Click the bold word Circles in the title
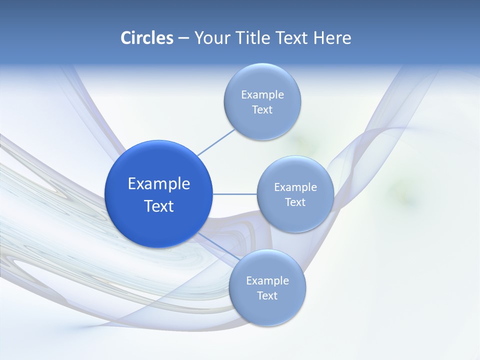(147, 38)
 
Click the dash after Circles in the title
(183, 38)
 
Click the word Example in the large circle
(159, 184)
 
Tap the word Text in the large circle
(159, 206)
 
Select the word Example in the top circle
(262, 95)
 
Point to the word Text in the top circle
(262, 110)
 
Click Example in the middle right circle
(295, 187)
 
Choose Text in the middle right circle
(295, 202)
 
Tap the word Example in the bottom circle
(267, 281)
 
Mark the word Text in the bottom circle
(267, 296)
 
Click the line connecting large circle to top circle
(216, 142)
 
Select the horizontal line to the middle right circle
(234, 194)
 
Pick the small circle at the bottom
(267, 312)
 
